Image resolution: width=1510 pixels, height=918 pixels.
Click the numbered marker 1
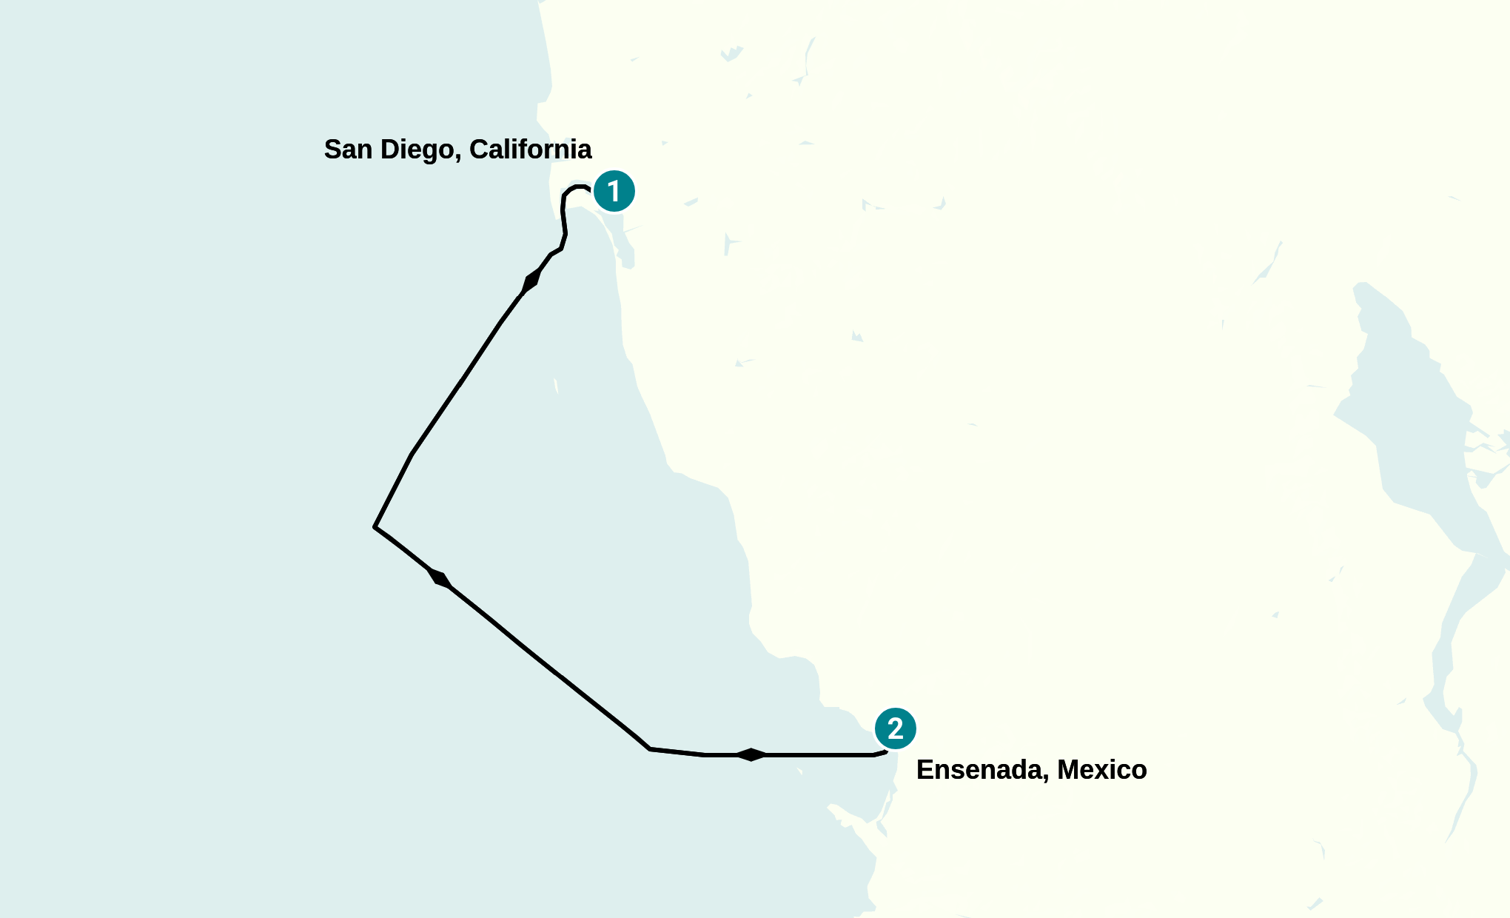point(614,191)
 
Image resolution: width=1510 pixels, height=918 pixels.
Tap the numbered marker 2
point(895,728)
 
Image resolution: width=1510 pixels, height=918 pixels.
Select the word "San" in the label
point(347,150)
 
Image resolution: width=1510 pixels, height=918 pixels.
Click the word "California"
point(530,150)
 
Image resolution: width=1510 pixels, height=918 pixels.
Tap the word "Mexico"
point(1101,770)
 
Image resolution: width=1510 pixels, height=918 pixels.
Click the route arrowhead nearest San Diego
point(531,281)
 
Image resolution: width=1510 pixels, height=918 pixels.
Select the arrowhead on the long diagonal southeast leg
point(439,578)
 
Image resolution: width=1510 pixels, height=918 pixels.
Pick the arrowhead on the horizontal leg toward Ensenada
point(751,754)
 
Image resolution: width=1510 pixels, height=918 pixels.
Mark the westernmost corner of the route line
point(375,526)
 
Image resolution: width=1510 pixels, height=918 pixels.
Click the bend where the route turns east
point(650,748)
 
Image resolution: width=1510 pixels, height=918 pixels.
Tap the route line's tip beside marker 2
point(885,752)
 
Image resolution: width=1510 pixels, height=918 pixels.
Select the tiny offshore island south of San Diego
point(556,386)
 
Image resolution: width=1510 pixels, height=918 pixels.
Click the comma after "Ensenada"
point(1046,777)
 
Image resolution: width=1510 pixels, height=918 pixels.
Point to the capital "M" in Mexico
point(1069,770)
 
